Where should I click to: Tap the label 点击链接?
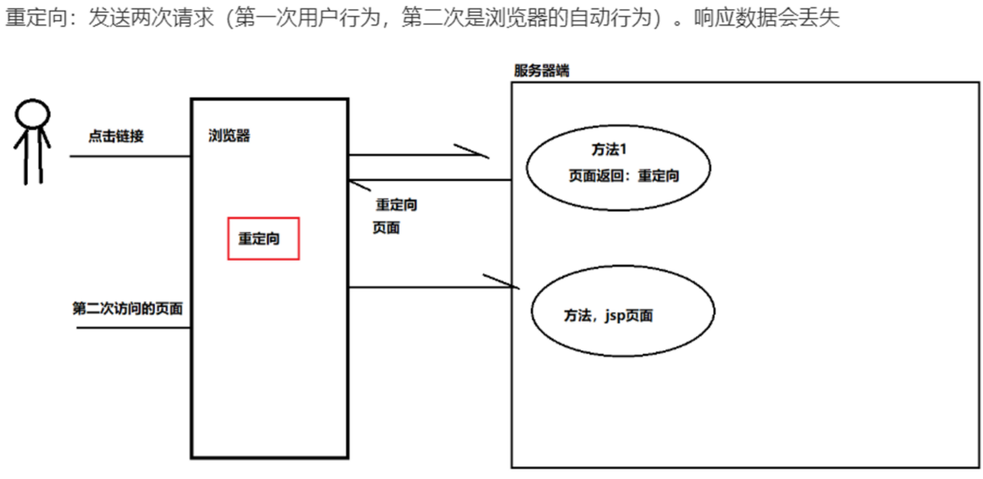pos(116,135)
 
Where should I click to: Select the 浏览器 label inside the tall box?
pos(229,135)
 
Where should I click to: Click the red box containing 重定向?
pos(263,239)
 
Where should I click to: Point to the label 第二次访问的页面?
pos(127,309)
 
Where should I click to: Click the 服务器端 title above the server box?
pos(541,71)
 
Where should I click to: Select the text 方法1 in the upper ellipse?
pos(608,150)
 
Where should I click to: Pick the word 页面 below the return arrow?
pos(386,228)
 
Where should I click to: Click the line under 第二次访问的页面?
pos(133,327)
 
